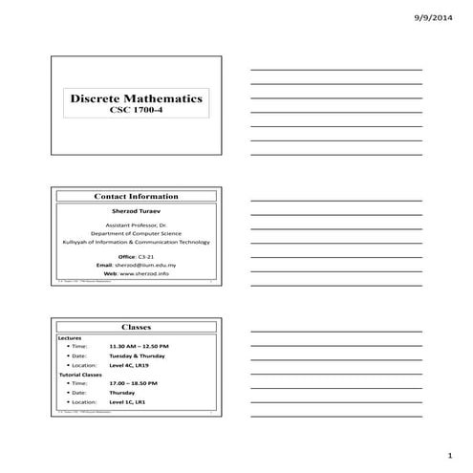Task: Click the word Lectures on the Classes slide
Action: point(71,337)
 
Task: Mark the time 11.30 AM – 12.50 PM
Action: point(139,346)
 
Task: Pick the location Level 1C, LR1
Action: point(130,402)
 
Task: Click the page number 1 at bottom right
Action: point(448,456)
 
